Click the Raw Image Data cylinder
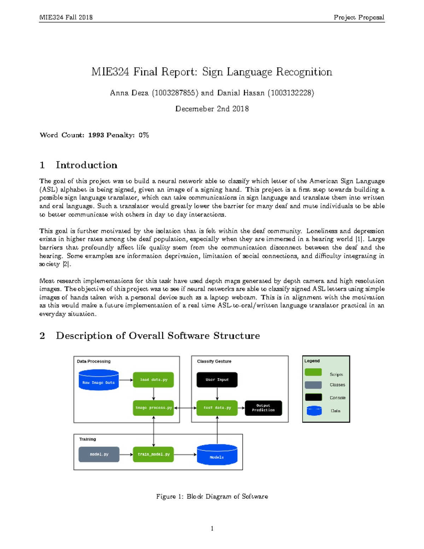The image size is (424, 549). (99, 380)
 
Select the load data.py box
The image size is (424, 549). (153, 380)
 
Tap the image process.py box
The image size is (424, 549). (153, 408)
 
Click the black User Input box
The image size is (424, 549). (217, 380)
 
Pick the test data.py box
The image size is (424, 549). (217, 408)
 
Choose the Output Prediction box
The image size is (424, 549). (263, 408)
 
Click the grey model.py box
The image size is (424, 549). (99, 454)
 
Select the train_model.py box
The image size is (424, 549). (153, 454)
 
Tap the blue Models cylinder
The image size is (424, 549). (217, 455)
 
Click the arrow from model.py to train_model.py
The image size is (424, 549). (126, 454)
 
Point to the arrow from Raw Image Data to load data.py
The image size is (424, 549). (126, 380)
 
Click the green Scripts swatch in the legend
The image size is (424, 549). (313, 372)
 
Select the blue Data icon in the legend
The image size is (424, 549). (314, 411)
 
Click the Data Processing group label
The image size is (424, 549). (94, 361)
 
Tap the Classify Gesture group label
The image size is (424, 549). (214, 361)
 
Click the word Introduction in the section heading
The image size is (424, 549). (87, 165)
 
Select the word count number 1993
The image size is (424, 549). (96, 135)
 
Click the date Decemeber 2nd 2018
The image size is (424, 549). (212, 109)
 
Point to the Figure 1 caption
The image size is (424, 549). (212, 496)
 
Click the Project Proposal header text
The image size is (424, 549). (359, 17)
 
